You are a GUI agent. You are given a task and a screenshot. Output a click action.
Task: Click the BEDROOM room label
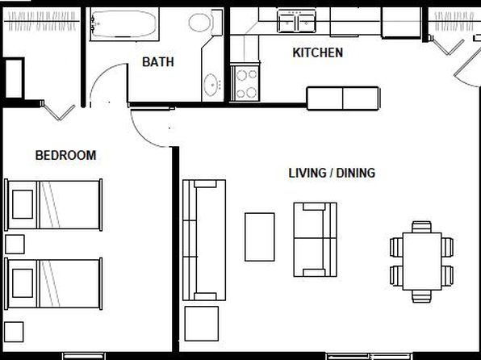click(x=65, y=155)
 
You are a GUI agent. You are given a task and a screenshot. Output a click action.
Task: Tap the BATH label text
click(x=158, y=62)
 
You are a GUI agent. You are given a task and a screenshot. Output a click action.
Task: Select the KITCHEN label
click(x=317, y=52)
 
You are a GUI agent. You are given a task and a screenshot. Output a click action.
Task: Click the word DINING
click(x=356, y=173)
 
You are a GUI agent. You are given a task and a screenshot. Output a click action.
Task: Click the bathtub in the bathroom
click(x=124, y=24)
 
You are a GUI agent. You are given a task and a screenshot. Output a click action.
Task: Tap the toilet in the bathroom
click(x=205, y=23)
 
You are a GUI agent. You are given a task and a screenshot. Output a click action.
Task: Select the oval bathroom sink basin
click(x=211, y=85)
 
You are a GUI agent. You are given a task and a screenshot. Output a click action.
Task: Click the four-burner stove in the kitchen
click(x=245, y=82)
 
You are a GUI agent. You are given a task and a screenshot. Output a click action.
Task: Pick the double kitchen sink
click(x=296, y=21)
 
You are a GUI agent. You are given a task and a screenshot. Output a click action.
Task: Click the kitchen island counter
click(x=343, y=98)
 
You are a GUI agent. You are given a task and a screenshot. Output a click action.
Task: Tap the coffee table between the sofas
click(x=260, y=237)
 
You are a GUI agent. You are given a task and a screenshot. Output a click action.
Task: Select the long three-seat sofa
click(x=204, y=240)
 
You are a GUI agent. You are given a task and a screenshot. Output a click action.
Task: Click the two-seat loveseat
click(x=315, y=240)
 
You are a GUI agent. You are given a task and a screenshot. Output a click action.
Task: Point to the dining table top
click(x=422, y=262)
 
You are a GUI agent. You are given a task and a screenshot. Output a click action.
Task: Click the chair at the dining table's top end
click(x=421, y=227)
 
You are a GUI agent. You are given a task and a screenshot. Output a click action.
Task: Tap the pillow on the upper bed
click(x=23, y=204)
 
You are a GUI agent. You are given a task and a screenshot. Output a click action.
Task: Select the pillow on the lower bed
click(x=23, y=283)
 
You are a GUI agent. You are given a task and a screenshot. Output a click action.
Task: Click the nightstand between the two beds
click(x=15, y=245)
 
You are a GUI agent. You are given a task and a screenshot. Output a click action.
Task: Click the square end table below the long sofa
click(x=202, y=324)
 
